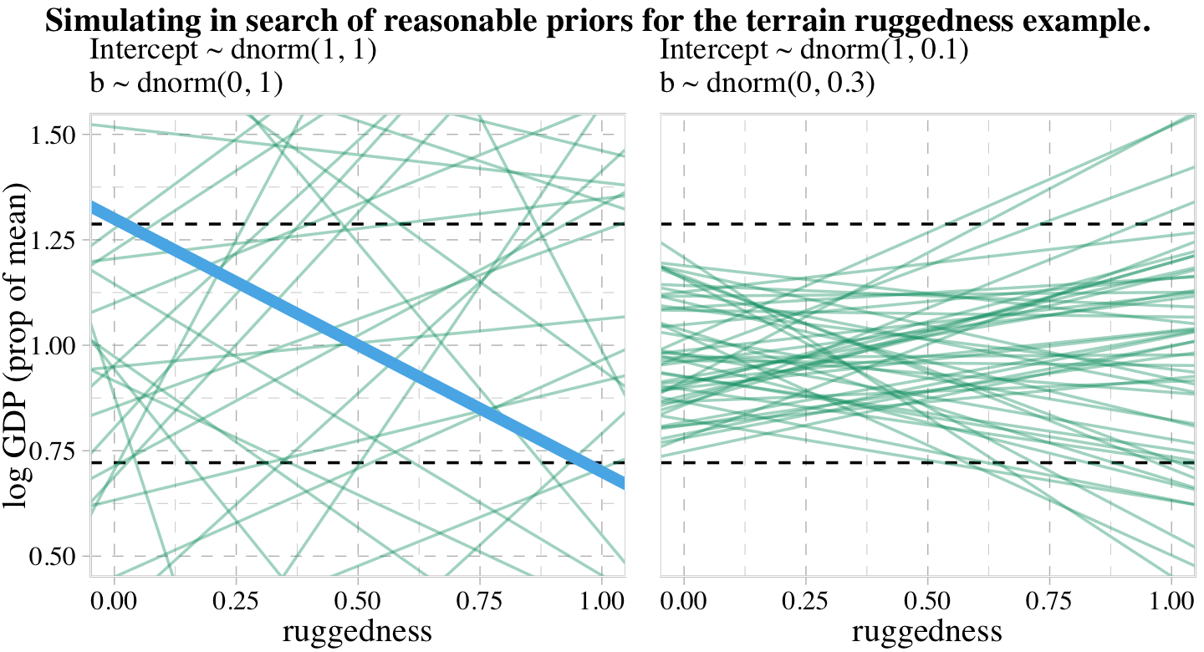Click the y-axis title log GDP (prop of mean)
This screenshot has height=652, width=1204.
pos(18,345)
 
